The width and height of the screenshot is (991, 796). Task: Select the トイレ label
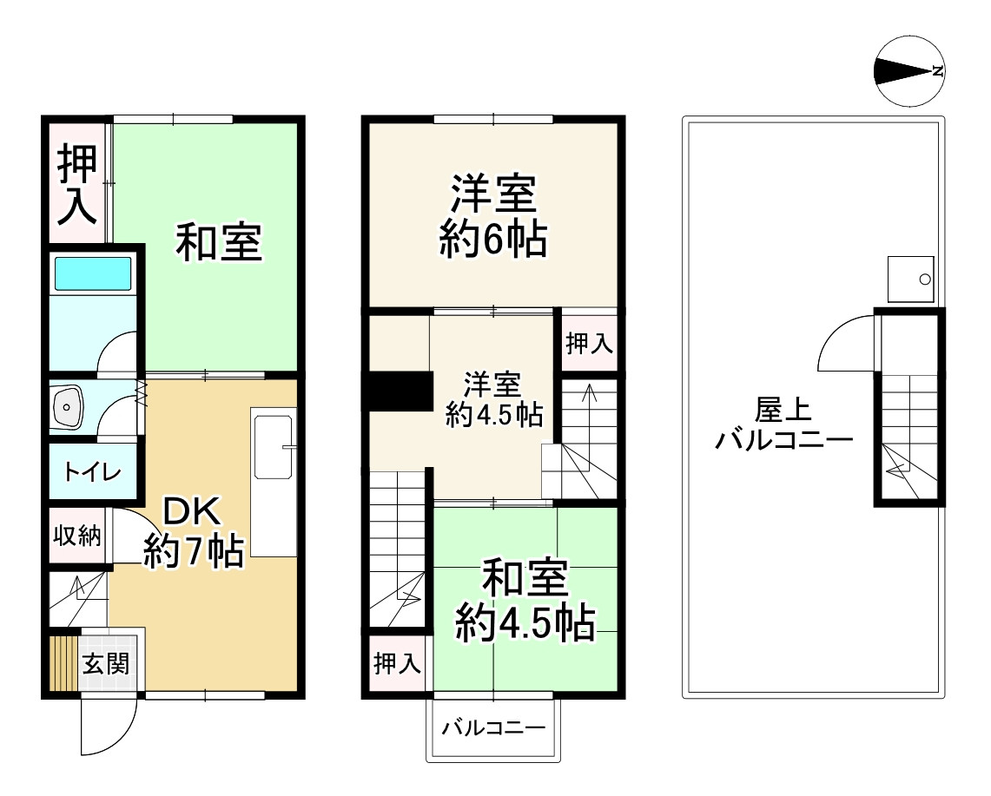(91, 472)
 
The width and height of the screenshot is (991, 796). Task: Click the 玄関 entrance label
(106, 665)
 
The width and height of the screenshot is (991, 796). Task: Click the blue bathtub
(91, 274)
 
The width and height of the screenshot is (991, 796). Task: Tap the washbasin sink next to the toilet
(69, 406)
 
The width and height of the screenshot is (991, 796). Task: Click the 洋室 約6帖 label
(492, 216)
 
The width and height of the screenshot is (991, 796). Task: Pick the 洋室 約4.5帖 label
(493, 400)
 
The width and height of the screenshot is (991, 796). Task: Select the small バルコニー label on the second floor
(492, 727)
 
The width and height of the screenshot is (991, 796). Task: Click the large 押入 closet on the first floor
(77, 183)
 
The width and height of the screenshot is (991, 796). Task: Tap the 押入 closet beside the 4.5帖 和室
(397, 665)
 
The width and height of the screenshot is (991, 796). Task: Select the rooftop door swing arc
(845, 343)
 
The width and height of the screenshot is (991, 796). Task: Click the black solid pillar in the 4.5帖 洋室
(400, 390)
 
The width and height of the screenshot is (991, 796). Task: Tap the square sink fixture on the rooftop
(910, 279)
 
